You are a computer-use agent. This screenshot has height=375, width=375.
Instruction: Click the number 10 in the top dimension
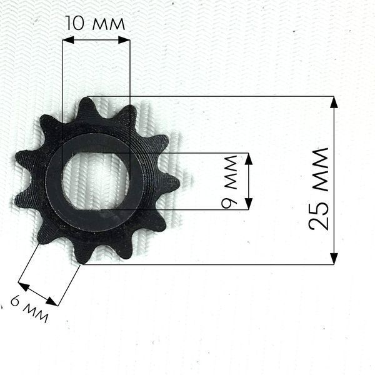[x=74, y=23]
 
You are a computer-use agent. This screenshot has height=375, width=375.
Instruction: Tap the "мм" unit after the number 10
[x=108, y=24]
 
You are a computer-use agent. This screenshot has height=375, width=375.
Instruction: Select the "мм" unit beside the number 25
[x=321, y=169]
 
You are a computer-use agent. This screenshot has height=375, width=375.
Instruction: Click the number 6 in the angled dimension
[x=16, y=301]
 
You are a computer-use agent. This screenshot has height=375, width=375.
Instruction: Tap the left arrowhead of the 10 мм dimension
[x=68, y=40]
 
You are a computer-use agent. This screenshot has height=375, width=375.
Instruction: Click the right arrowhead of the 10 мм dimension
[x=124, y=40]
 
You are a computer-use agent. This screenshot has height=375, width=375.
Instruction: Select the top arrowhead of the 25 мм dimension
[x=334, y=102]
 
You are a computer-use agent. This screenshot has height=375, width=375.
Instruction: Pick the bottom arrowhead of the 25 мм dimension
[x=334, y=259]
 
